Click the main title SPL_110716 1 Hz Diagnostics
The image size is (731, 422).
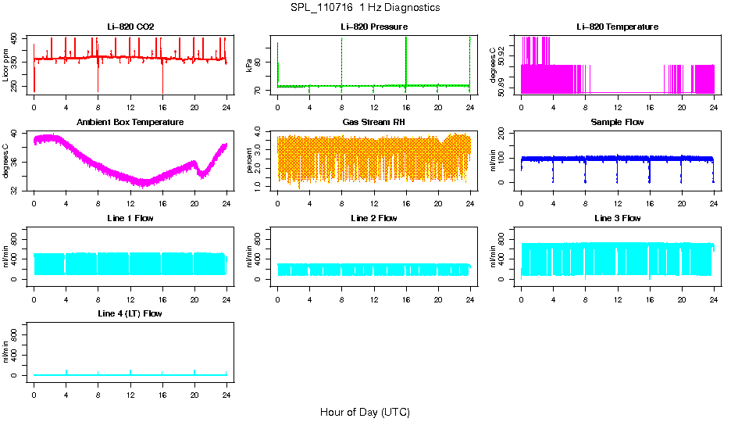(x=365, y=8)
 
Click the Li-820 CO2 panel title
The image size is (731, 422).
(x=130, y=27)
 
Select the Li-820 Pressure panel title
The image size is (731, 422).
(x=374, y=27)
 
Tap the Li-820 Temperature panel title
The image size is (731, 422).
(x=617, y=27)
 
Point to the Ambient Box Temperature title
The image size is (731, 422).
(x=130, y=123)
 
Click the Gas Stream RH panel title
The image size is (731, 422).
(x=374, y=123)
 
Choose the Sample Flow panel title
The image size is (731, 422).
(x=617, y=123)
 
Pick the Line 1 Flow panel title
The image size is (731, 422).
(x=130, y=218)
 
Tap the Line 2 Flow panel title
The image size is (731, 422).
(x=374, y=218)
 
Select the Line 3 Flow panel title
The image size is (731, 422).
(x=617, y=218)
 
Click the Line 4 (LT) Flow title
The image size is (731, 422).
(x=130, y=313)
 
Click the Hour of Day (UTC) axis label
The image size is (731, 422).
(x=365, y=412)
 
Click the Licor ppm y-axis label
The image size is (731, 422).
(x=6, y=66)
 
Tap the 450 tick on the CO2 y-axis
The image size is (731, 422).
(x=17, y=38)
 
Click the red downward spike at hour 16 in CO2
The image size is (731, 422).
(x=162, y=82)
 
